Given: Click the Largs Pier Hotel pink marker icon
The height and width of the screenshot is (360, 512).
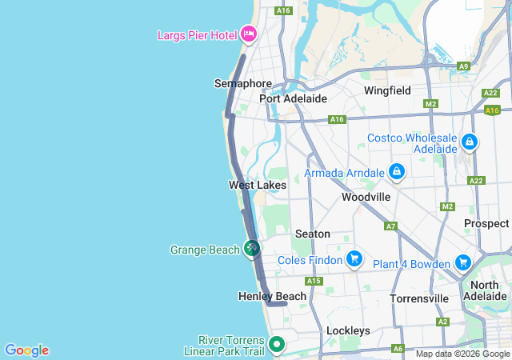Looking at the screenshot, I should click(248, 34).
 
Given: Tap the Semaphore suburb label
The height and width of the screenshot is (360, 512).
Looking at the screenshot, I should click(243, 83).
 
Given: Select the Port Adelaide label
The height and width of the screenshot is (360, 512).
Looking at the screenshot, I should click(294, 98).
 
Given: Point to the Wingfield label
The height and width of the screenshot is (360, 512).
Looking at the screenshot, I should click(387, 90).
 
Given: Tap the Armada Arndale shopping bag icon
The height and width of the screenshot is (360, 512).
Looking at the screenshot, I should click(396, 171).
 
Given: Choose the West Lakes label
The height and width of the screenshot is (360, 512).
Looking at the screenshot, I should click(258, 185).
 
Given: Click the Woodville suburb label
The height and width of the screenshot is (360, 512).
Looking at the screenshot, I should click(366, 197).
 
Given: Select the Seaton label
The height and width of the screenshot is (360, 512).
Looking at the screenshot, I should click(313, 234).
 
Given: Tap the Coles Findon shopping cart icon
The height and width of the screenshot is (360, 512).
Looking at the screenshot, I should click(354, 259).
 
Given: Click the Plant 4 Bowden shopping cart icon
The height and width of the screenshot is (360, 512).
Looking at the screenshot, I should click(462, 262).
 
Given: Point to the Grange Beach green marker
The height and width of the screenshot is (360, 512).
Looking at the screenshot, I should click(252, 249).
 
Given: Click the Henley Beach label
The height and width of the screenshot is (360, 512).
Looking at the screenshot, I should click(272, 296).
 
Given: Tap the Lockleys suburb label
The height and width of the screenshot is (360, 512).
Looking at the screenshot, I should click(348, 330).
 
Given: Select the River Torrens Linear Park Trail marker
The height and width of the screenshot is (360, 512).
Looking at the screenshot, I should click(277, 345).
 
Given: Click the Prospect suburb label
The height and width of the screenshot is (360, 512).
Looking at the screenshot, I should click(486, 224).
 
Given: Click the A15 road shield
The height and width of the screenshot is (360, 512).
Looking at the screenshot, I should click(313, 281).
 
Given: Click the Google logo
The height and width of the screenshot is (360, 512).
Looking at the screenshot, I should click(26, 350).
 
